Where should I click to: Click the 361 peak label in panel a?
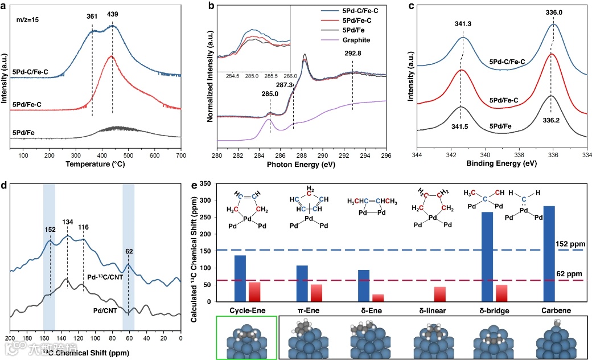(x=93, y=17)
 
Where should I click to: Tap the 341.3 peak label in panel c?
(x=463, y=25)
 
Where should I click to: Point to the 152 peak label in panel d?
(x=50, y=230)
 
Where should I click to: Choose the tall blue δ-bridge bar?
(x=487, y=257)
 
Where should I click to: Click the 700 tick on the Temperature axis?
(x=180, y=155)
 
